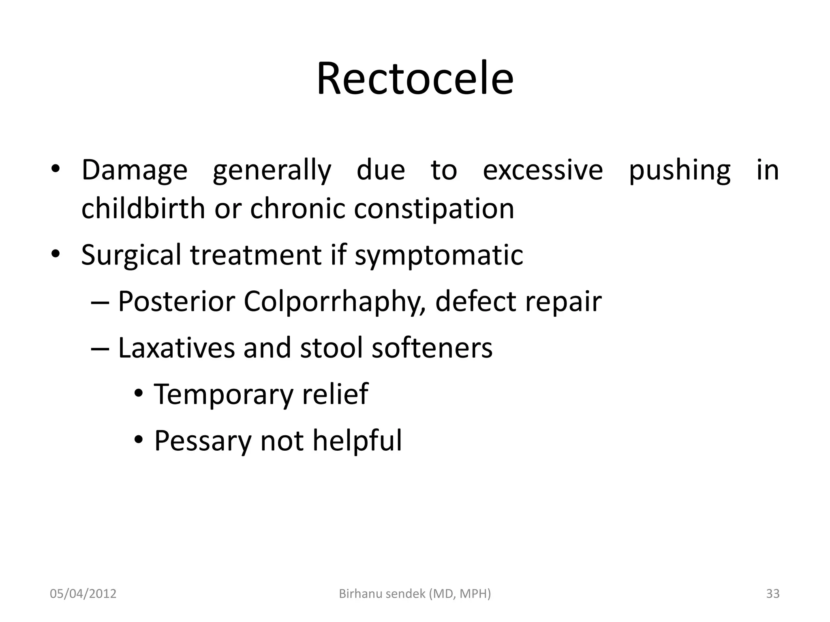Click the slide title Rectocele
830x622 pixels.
pyautogui.click(x=415, y=79)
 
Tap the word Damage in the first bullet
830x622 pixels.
pyautogui.click(x=135, y=170)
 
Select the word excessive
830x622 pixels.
pyautogui.click(x=543, y=170)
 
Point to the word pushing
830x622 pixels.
pyautogui.click(x=680, y=170)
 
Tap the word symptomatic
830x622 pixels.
pyautogui.click(x=439, y=255)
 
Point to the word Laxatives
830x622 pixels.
pyautogui.click(x=176, y=348)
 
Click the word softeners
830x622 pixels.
pyautogui.click(x=432, y=348)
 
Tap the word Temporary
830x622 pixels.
pyautogui.click(x=223, y=394)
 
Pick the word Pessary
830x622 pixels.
pyautogui.click(x=203, y=441)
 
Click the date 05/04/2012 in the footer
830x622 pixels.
pyautogui.click(x=83, y=594)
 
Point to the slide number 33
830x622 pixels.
pyautogui.click(x=773, y=594)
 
